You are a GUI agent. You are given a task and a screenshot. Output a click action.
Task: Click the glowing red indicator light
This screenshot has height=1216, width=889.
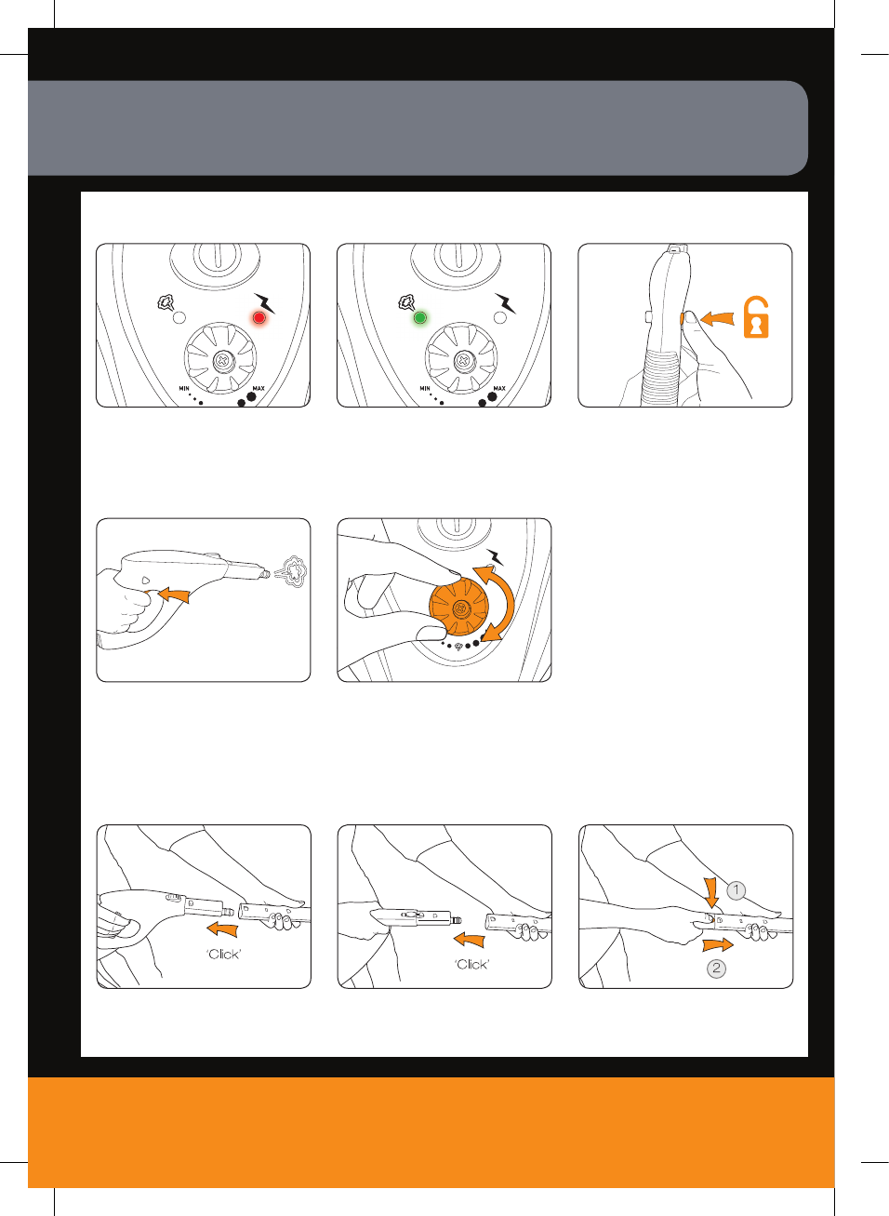[259, 318]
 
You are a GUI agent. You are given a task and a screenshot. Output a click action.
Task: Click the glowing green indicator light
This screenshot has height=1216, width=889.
[420, 317]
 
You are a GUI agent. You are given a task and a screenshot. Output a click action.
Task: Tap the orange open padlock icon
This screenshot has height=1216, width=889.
[756, 317]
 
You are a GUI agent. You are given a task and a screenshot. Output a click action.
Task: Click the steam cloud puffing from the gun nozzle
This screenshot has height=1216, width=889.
[293, 572]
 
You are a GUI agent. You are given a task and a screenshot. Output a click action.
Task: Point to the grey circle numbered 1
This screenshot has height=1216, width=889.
[736, 890]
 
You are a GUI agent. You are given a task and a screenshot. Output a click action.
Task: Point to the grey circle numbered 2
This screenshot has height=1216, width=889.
[716, 969]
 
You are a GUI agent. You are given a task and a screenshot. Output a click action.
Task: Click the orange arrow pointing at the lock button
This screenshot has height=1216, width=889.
[718, 318]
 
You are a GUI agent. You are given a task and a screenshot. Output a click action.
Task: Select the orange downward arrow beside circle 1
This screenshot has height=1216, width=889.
[712, 893]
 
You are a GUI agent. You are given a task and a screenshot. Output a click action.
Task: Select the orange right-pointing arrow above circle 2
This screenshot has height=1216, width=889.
[718, 945]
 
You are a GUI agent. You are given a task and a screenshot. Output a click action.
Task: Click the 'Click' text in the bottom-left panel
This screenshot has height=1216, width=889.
[223, 955]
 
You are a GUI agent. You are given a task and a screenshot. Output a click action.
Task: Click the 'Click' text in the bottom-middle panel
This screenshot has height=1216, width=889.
[472, 964]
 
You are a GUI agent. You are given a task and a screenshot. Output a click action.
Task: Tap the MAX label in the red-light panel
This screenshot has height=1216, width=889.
[259, 388]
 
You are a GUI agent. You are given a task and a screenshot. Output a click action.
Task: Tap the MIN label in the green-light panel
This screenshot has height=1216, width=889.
[425, 389]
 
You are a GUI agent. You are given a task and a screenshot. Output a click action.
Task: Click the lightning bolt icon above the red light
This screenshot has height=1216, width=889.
[265, 303]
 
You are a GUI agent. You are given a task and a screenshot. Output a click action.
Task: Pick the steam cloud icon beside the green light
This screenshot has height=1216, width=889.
[406, 302]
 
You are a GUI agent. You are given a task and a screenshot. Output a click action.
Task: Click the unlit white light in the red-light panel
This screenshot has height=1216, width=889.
[179, 318]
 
